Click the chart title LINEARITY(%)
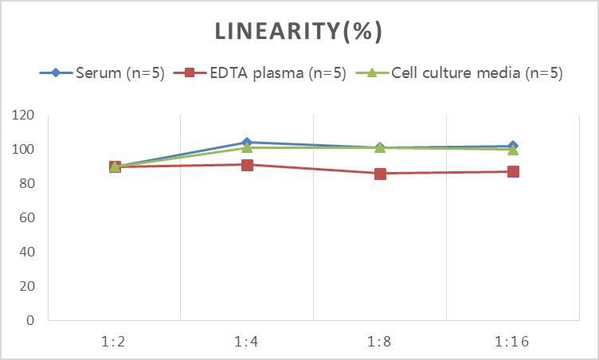tap(299, 31)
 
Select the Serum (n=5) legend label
tap(119, 73)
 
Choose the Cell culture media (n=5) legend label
tap(477, 73)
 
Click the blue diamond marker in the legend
tap(56, 73)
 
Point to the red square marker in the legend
tap(190, 73)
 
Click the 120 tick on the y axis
tap(24, 115)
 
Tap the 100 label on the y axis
tap(24, 150)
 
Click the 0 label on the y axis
tap(30, 321)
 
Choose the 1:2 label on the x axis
tap(115, 342)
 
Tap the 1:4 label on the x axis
tap(247, 342)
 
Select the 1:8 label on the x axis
tap(380, 342)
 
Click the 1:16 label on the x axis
tap(512, 342)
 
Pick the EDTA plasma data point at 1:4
tap(247, 165)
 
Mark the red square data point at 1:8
tap(380, 174)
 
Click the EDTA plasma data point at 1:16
tap(513, 171)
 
